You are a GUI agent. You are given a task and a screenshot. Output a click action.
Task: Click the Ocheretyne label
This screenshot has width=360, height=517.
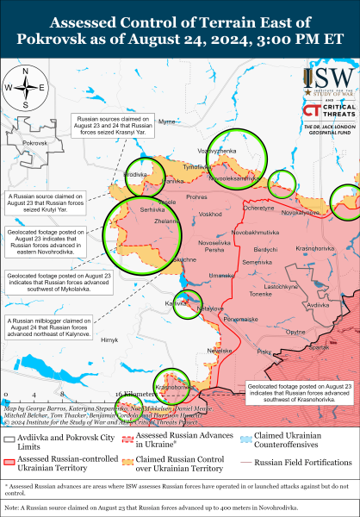tap(258, 207)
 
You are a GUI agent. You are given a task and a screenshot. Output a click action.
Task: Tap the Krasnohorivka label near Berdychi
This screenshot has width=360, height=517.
tap(316, 249)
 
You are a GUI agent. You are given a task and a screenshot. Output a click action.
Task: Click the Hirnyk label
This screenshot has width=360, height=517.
tap(109, 341)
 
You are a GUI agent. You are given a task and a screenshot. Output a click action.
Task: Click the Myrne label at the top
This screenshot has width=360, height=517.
tap(167, 122)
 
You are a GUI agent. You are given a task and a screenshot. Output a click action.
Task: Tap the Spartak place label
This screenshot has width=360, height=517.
tap(320, 347)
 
